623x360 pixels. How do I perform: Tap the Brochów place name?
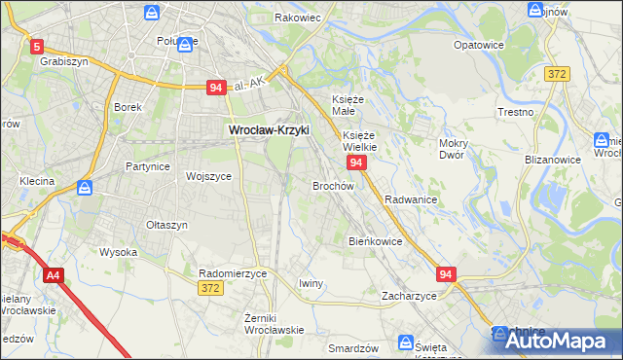point(332,185)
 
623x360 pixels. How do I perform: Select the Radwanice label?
point(410,198)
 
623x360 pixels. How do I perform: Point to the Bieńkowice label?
point(375,240)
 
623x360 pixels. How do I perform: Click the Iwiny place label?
point(310,283)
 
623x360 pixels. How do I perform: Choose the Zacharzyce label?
point(409,295)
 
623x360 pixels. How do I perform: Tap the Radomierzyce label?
point(232,273)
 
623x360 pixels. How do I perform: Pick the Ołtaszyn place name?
point(166,225)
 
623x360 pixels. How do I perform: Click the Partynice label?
point(148,166)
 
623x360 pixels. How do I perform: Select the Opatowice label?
point(479,45)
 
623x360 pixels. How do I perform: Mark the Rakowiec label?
point(297,18)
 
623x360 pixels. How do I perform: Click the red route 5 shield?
point(36,46)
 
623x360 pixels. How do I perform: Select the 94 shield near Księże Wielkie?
point(356,162)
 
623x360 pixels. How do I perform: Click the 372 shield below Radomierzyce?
point(209,288)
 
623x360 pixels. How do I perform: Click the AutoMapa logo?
point(554,341)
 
